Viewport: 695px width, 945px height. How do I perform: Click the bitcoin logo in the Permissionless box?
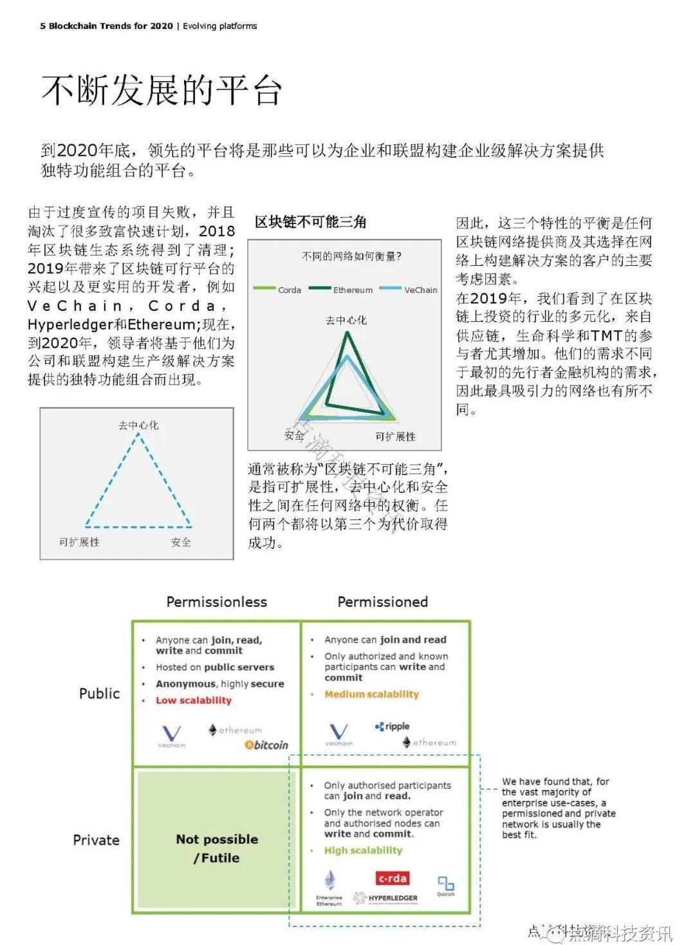click(266, 745)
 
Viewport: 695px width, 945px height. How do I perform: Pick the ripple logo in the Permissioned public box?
click(393, 726)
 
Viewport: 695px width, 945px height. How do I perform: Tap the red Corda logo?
click(392, 878)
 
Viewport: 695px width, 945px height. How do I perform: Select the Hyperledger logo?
click(385, 898)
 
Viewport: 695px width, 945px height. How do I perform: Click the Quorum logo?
click(445, 884)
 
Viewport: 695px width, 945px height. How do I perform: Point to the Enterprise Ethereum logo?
click(329, 888)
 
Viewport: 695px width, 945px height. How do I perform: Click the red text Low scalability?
click(193, 700)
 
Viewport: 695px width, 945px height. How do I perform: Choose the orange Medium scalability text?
click(371, 694)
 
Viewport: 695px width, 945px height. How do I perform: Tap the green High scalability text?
click(363, 850)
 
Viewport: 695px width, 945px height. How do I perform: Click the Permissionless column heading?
click(216, 602)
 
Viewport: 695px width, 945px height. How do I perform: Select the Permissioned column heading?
click(382, 602)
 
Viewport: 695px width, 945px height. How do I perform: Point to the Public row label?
click(99, 693)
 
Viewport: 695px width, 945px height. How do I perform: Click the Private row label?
click(96, 840)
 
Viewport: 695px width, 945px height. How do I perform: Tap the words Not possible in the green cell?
click(217, 839)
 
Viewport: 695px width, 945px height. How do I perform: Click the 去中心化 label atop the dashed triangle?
click(138, 426)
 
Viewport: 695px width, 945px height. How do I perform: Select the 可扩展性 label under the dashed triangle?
click(79, 542)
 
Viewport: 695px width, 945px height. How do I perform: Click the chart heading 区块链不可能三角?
click(310, 223)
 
